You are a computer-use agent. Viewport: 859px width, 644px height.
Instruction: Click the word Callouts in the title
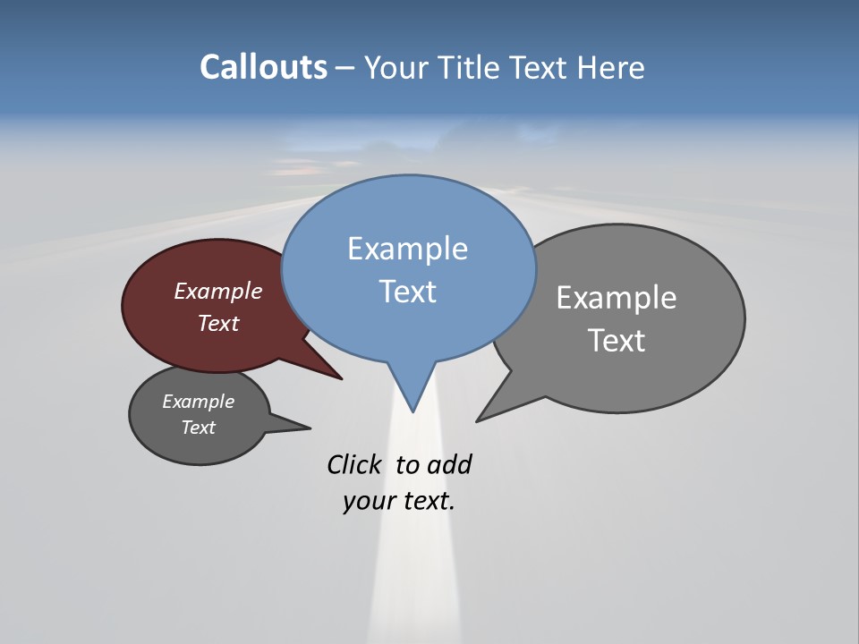tap(263, 67)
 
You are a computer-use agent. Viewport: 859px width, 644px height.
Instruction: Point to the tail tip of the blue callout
tap(412, 411)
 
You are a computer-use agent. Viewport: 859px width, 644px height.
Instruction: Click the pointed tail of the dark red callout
tap(340, 377)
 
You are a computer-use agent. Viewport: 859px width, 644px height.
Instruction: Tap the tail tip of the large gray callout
tap(479, 419)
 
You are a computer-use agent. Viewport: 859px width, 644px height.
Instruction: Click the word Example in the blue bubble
tap(407, 249)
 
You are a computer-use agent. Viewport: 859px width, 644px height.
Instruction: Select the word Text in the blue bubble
tap(407, 292)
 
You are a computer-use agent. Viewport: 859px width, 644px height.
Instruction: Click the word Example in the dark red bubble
tap(217, 291)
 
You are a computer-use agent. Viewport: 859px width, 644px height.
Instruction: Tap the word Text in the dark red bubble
tap(218, 323)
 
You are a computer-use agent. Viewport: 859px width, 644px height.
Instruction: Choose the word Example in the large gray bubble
tap(617, 297)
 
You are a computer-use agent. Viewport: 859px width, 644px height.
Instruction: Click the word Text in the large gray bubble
tap(617, 340)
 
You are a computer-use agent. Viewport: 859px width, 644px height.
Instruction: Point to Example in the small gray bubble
tap(198, 402)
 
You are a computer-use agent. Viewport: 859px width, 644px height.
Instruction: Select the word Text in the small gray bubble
tap(198, 428)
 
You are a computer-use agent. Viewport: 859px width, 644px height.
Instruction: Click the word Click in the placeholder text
tap(353, 464)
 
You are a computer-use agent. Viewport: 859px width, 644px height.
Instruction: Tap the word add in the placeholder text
tap(448, 464)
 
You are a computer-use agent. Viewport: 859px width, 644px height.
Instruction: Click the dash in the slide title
tap(345, 68)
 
